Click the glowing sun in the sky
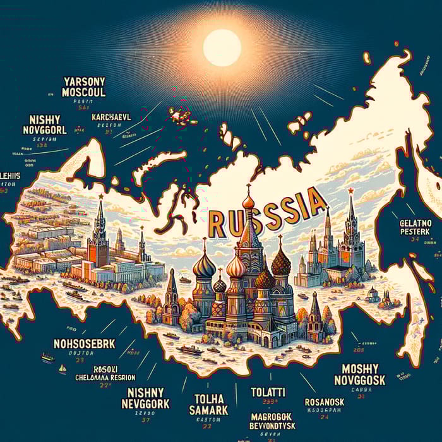(222, 47)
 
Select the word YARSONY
(84, 81)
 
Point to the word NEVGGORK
(146, 402)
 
